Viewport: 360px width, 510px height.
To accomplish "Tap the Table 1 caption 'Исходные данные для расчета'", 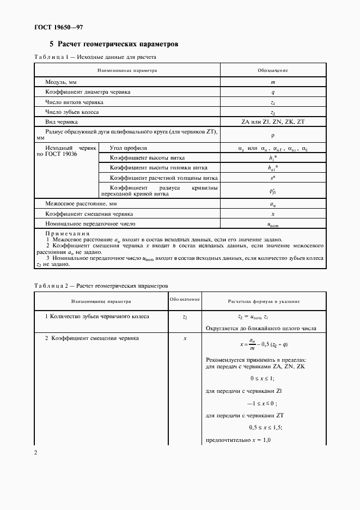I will pos(114,57).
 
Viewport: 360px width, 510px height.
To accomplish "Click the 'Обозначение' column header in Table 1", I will pos(272,70).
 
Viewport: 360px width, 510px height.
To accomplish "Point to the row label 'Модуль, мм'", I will pos(61,82).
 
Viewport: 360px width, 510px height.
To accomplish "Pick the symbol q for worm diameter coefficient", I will pos(272,92).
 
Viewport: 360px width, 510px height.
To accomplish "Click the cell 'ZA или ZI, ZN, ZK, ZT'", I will pos(272,122).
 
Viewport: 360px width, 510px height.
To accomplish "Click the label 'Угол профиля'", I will pos(129,148).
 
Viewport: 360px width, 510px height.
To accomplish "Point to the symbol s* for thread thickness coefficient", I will pos(272,178).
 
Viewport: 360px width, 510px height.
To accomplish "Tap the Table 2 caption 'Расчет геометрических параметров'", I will pos(123,285).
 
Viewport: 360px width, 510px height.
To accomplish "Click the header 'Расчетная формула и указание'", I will pos(264,301).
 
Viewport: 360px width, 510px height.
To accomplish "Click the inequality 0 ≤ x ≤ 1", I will pos(262,378).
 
